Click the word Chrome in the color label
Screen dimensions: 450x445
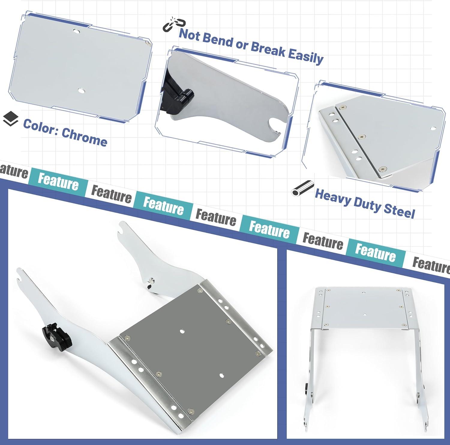click(84, 137)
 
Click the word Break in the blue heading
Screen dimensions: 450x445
click(268, 49)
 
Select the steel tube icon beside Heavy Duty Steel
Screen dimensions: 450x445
click(302, 188)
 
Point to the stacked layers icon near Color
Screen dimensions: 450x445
click(10, 118)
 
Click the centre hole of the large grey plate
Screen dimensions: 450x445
click(182, 331)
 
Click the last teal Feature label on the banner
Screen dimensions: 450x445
click(376, 253)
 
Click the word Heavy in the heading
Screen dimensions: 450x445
click(333, 197)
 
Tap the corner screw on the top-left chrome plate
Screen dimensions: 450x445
click(147, 43)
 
